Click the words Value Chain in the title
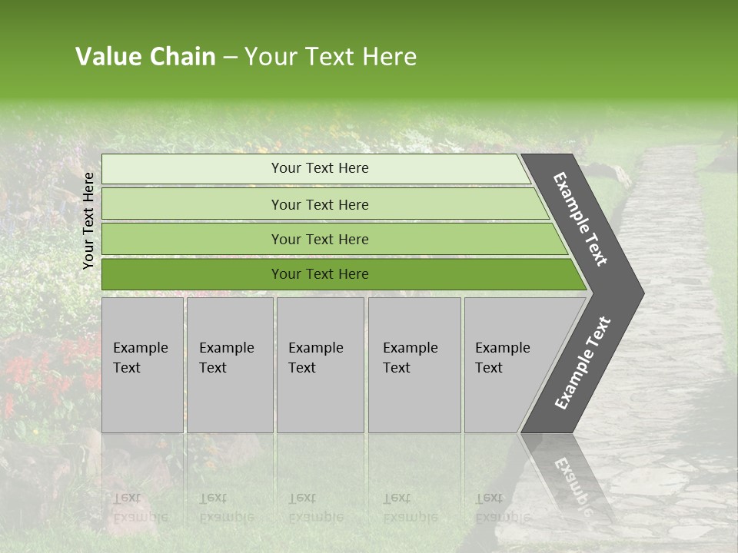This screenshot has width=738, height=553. (145, 57)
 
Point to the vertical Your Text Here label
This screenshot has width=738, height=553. (88, 220)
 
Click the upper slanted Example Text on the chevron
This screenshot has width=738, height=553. (580, 219)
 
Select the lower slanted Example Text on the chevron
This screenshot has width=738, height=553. (582, 363)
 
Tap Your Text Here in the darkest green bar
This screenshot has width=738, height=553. (320, 274)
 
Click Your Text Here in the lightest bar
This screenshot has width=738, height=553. (320, 168)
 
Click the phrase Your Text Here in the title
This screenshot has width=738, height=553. (331, 57)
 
